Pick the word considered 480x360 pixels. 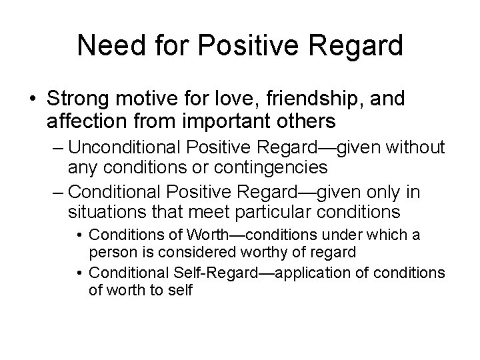194,252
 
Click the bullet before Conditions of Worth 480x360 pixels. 79,235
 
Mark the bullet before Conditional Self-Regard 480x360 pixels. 79,273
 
